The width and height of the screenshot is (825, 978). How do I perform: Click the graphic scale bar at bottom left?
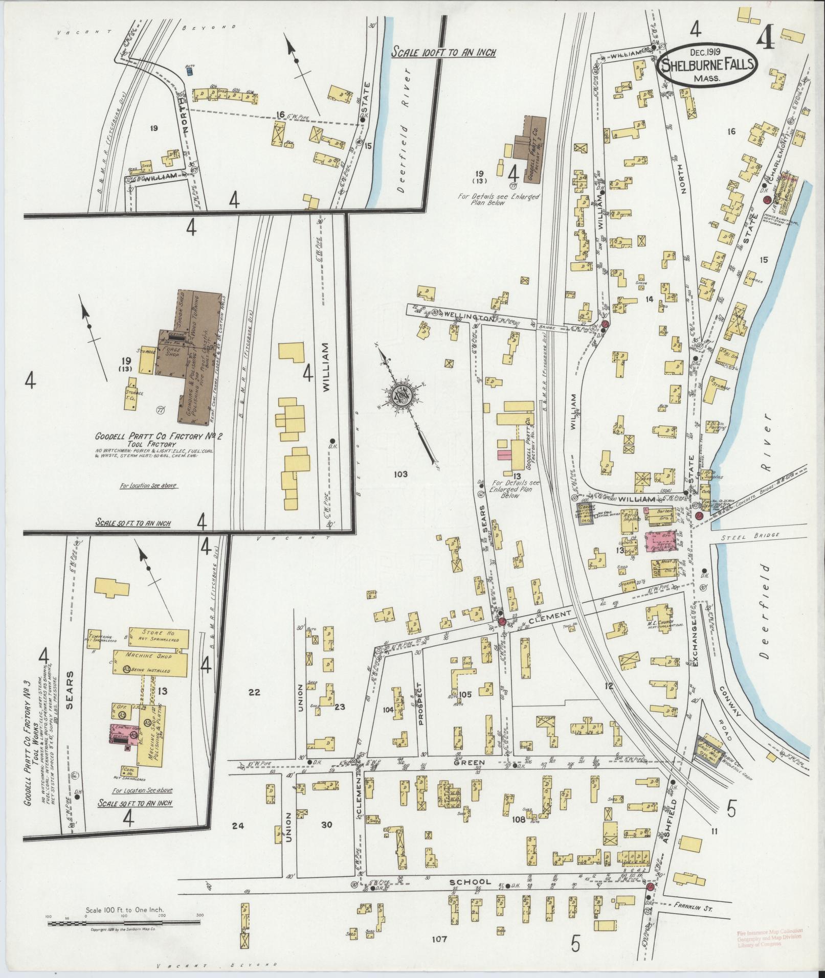point(123,923)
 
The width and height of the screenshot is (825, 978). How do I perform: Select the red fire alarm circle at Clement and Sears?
point(502,621)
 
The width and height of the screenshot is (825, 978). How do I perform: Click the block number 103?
point(400,474)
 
